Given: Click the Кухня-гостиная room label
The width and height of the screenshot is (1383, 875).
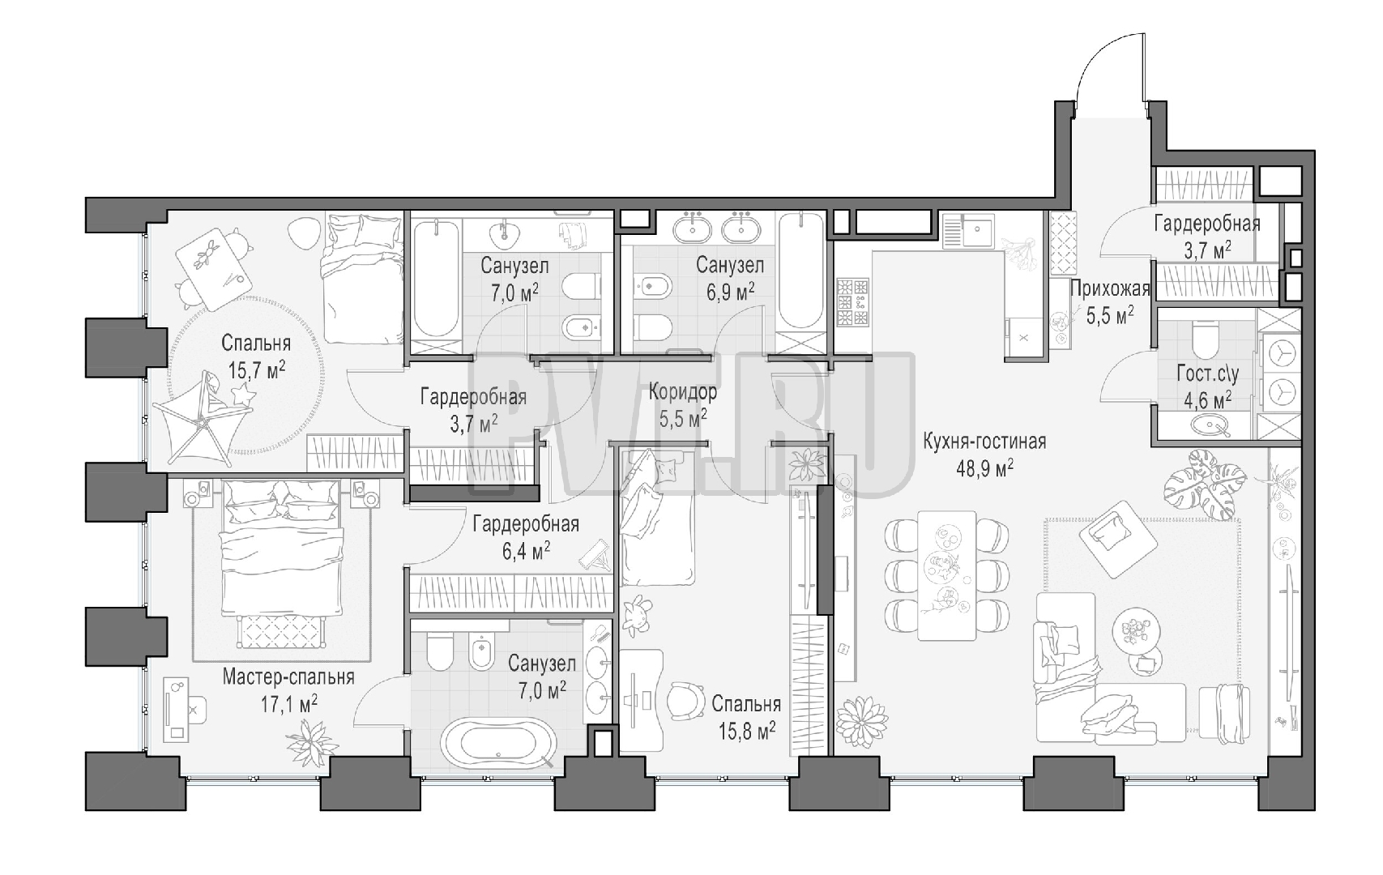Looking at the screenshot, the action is pos(984,442).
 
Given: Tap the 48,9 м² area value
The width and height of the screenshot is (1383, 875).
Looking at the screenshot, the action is pos(984,468).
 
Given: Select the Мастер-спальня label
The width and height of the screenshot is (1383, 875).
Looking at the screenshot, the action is pos(288,677).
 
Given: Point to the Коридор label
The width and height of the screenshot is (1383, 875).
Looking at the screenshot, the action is pos(683,391).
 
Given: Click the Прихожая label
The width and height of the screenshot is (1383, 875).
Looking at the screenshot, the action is pos(1110,289).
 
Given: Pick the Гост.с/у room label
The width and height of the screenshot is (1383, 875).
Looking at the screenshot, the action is pos(1208,373).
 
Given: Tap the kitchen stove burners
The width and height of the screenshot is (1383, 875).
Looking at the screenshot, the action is pos(852,302).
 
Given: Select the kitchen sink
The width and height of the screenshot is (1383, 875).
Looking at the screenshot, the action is pos(969,231).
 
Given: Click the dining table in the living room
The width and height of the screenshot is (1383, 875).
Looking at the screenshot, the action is pos(947,575).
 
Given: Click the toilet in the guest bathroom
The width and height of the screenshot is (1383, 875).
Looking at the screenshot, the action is pos(1206,336).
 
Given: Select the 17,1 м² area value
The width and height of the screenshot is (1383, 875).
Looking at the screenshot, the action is pos(289,703).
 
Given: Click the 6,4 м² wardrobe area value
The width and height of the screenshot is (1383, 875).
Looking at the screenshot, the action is pos(526,550).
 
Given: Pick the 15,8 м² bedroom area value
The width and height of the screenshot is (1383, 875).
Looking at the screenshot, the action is pos(746,731).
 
